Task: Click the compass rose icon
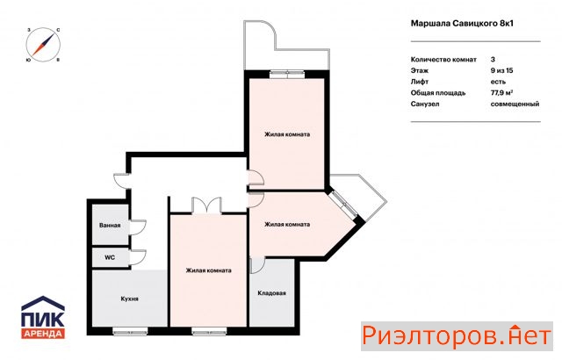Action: [x=43, y=45]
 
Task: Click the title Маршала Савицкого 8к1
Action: [x=462, y=24]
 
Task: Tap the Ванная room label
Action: [x=110, y=226]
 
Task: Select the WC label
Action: [x=110, y=257]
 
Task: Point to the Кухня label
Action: [x=129, y=299]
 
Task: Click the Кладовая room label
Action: [x=271, y=293]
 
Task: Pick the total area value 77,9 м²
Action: [x=501, y=92]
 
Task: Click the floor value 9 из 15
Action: [x=501, y=70]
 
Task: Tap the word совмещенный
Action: [x=515, y=104]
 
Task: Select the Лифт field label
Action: [x=420, y=82]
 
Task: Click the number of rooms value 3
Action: [x=493, y=59]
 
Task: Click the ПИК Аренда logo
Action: [x=43, y=317]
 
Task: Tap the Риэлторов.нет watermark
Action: [x=457, y=336]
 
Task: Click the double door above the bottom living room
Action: [x=207, y=206]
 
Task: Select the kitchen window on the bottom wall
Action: [x=130, y=331]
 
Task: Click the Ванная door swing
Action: [x=138, y=227]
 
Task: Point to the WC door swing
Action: [x=138, y=257]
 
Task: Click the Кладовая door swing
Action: [x=257, y=266]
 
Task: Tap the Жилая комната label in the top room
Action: [x=287, y=134]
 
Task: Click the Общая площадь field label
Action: [x=438, y=93]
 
